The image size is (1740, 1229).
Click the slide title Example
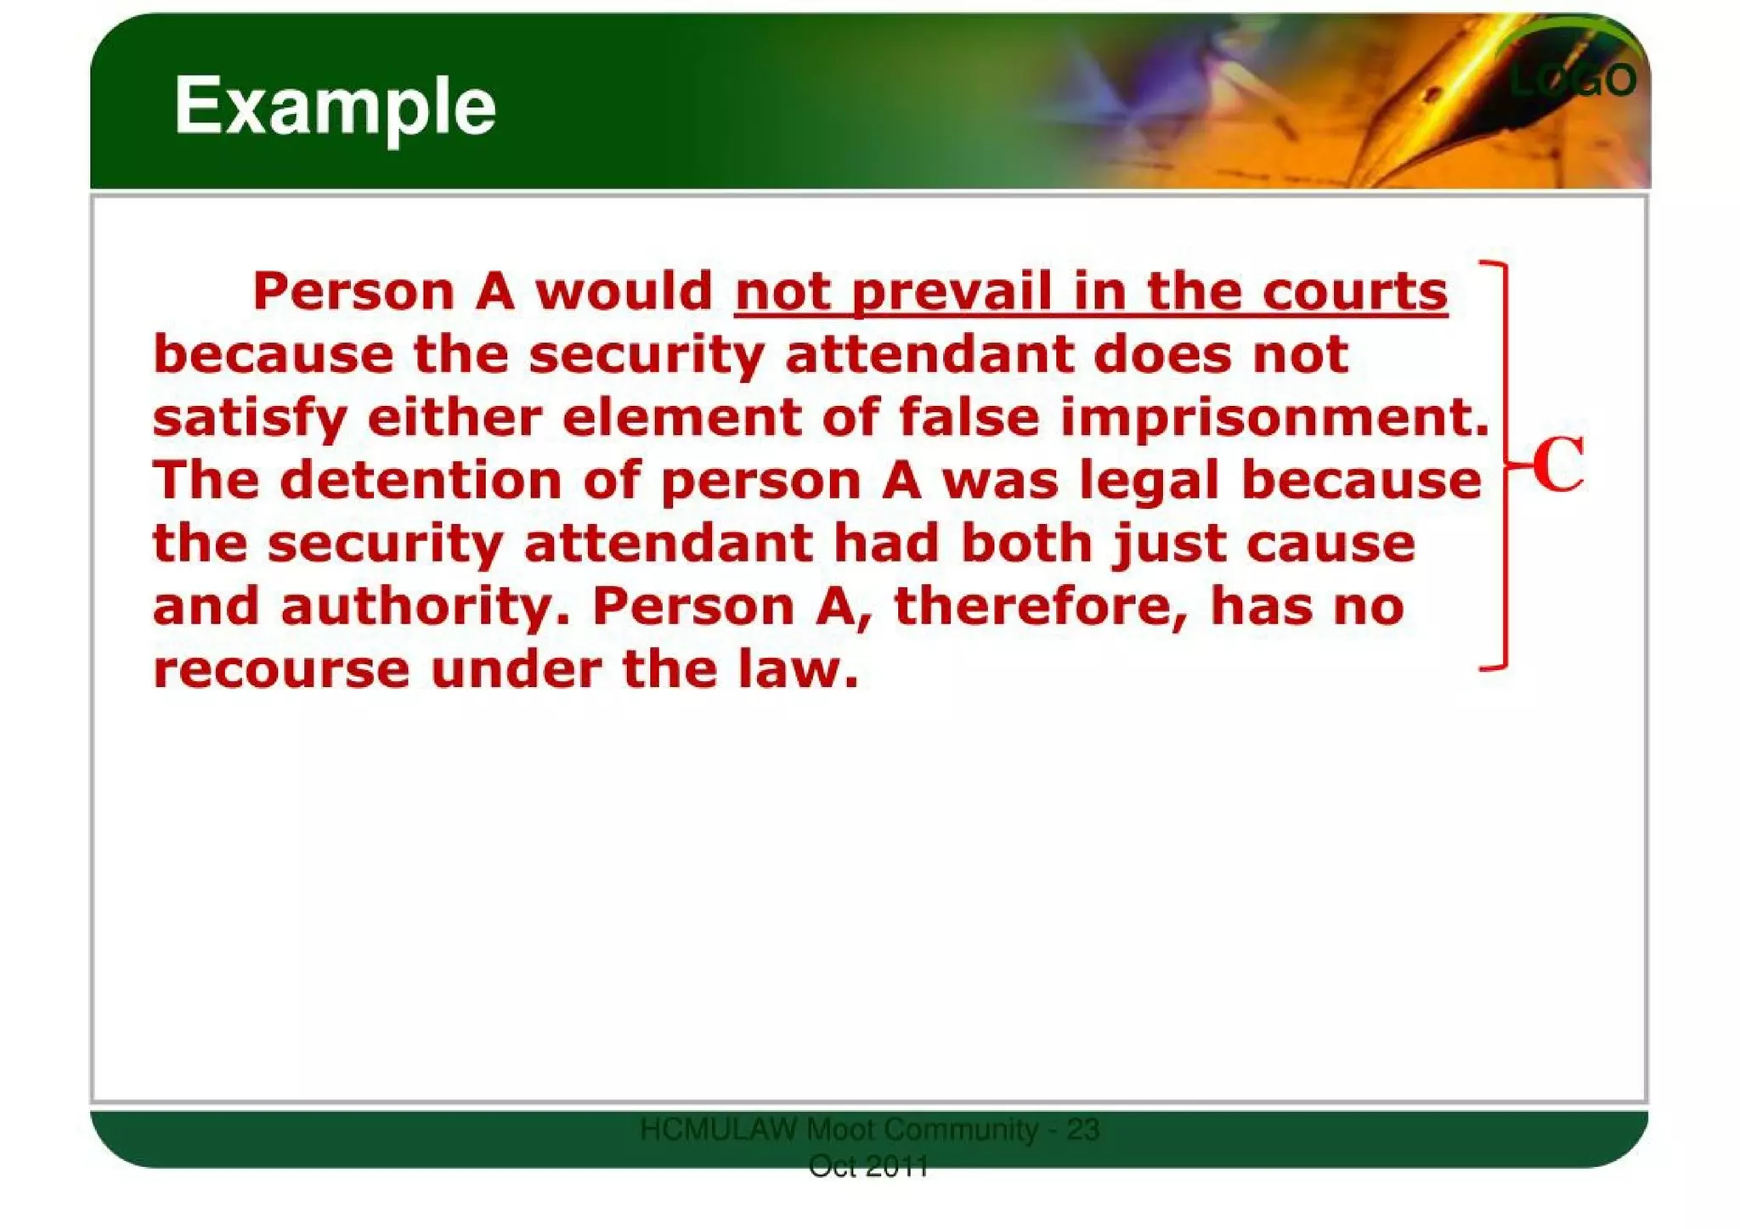click(x=335, y=107)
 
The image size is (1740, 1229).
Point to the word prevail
click(x=952, y=292)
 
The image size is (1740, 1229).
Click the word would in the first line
click(x=624, y=292)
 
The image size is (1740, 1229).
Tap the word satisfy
click(x=250, y=418)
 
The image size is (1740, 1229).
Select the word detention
click(x=421, y=481)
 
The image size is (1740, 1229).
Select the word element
click(x=681, y=418)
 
